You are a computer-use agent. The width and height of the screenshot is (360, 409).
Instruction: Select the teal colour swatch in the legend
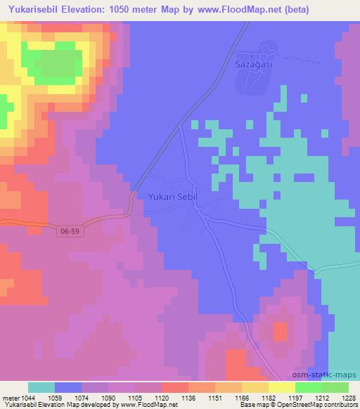pyautogui.click(x=41, y=387)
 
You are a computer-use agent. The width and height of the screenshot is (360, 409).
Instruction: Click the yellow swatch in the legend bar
pyautogui.click(x=282, y=387)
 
